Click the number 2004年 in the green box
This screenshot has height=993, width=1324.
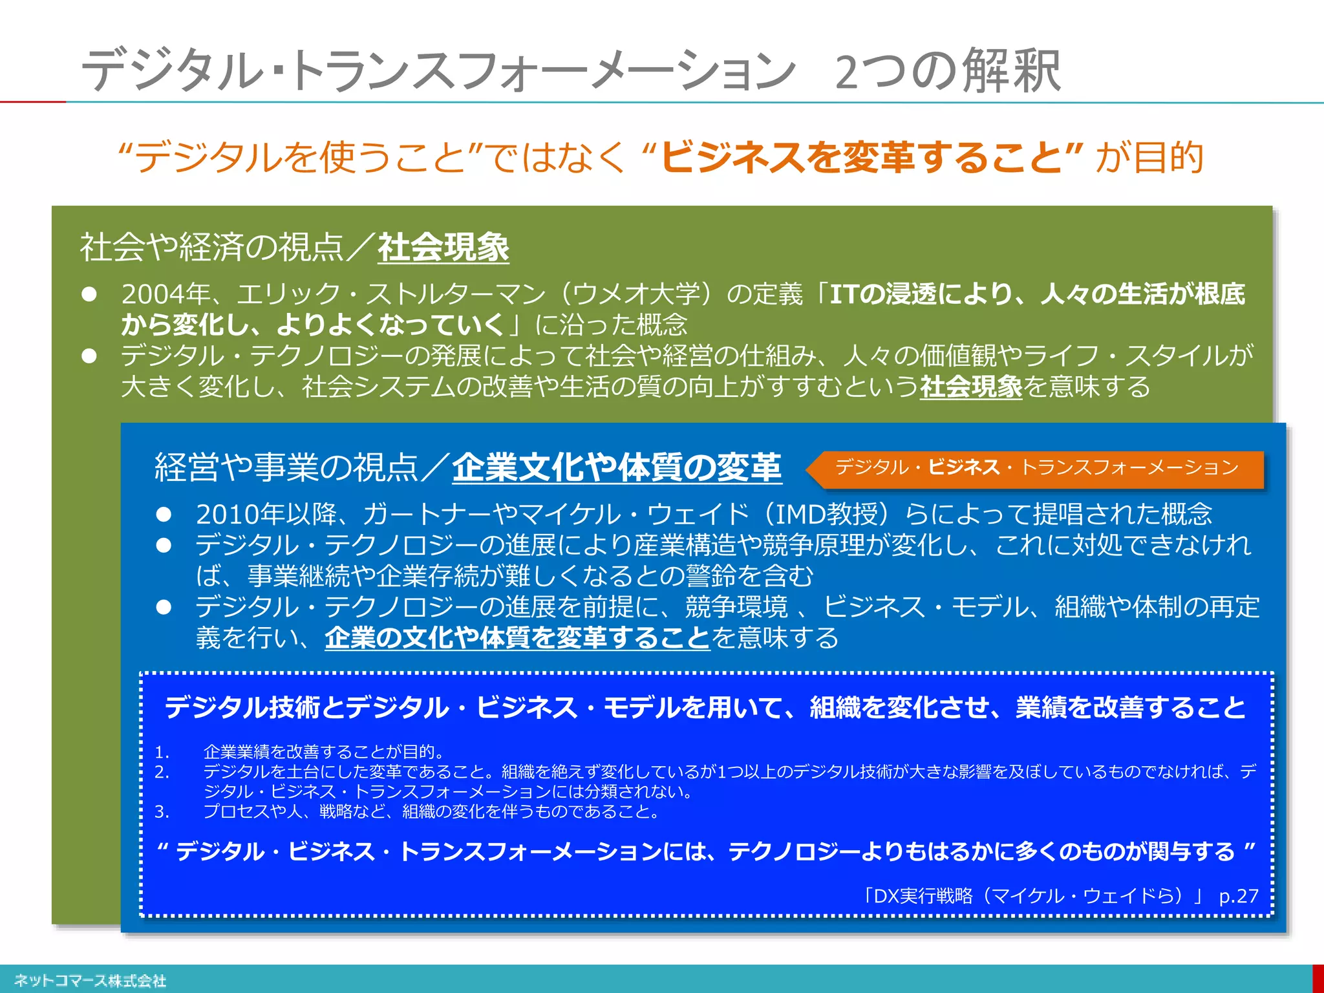165,294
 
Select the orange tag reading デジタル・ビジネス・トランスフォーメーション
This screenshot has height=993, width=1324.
1036,467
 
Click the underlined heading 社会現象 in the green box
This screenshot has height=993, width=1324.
443,248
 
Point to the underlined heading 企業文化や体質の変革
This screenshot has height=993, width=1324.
617,467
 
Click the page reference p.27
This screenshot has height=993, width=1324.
1238,896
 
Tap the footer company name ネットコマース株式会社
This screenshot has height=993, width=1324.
91,981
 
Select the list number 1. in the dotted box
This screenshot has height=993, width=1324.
162,752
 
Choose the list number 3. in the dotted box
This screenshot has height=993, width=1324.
162,811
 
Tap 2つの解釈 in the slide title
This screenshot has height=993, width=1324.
947,71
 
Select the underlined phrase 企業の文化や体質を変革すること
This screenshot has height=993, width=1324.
517,638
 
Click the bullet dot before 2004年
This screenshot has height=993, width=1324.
89,295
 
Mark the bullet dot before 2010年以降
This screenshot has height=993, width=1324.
164,515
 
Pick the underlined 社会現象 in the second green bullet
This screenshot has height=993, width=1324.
970,387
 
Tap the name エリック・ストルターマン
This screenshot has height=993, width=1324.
392,294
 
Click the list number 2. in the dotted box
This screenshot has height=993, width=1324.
162,772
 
